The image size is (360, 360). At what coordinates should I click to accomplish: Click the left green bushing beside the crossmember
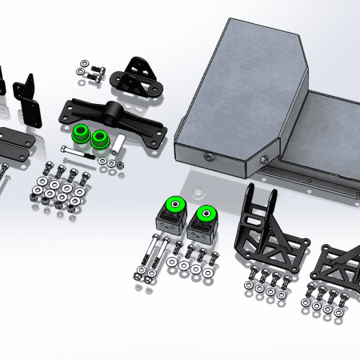point(81,134)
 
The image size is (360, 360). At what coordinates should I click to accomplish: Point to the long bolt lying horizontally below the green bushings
point(95,157)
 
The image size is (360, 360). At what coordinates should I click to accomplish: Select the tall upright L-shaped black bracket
point(29,100)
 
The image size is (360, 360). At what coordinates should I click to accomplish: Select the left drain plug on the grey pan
point(210,154)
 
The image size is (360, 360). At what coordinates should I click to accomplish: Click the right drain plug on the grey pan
point(263,160)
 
